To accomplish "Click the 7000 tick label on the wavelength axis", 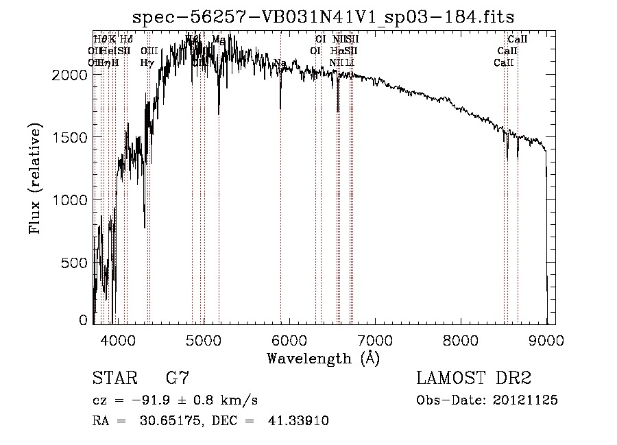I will (x=375, y=339).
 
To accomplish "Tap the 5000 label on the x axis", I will (x=203, y=339).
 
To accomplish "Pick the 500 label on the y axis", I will (x=75, y=263).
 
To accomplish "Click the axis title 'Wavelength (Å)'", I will (x=323, y=358).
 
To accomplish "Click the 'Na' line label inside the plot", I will (x=280, y=64).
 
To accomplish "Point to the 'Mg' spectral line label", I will (x=218, y=40).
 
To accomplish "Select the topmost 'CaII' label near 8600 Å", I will (x=517, y=40).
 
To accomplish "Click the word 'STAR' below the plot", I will (x=112, y=378).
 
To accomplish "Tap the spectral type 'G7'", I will (x=178, y=378).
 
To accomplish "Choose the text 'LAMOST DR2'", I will (x=473, y=378).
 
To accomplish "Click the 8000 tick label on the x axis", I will (x=461, y=339).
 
